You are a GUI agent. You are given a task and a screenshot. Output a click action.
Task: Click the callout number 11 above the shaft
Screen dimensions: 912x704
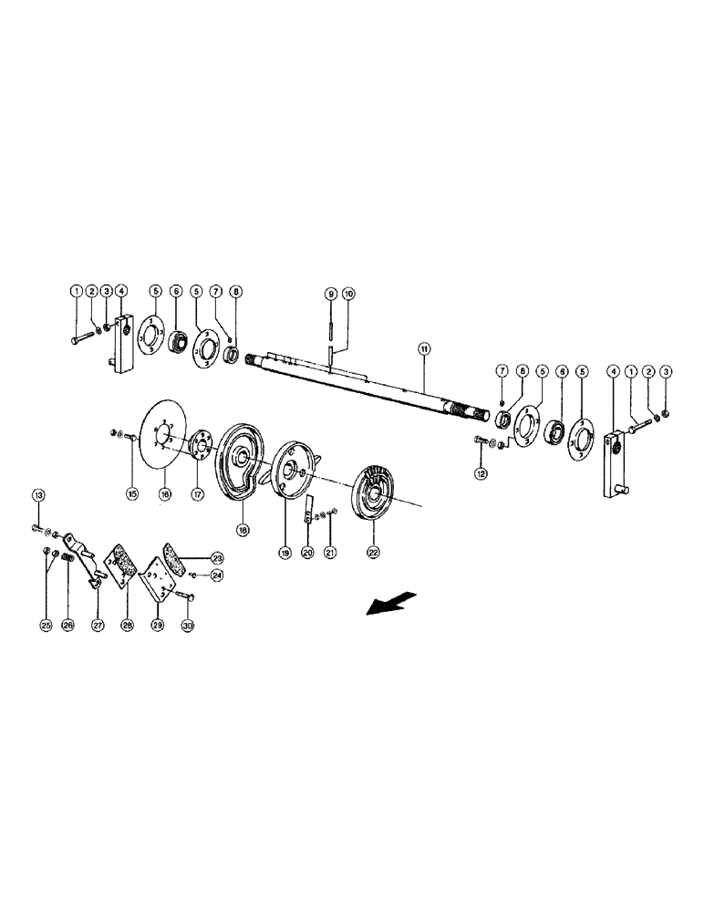pos(423,349)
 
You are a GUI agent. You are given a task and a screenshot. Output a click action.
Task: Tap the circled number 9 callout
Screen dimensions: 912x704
pos(331,294)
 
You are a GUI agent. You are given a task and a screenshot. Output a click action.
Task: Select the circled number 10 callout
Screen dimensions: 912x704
pos(348,294)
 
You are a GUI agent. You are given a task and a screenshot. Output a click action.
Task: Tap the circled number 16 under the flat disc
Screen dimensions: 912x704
pos(165,493)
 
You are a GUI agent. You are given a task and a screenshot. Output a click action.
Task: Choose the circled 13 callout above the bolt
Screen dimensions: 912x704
pos(39,495)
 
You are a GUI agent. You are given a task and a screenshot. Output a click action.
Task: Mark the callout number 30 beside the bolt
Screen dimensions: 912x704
pos(189,626)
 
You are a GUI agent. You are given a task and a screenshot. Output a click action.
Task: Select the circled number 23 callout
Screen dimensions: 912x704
pos(217,557)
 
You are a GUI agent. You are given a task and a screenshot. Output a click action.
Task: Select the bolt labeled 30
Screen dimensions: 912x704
pos(180,595)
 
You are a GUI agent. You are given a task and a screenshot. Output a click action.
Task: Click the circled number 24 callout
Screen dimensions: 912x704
pos(216,575)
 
